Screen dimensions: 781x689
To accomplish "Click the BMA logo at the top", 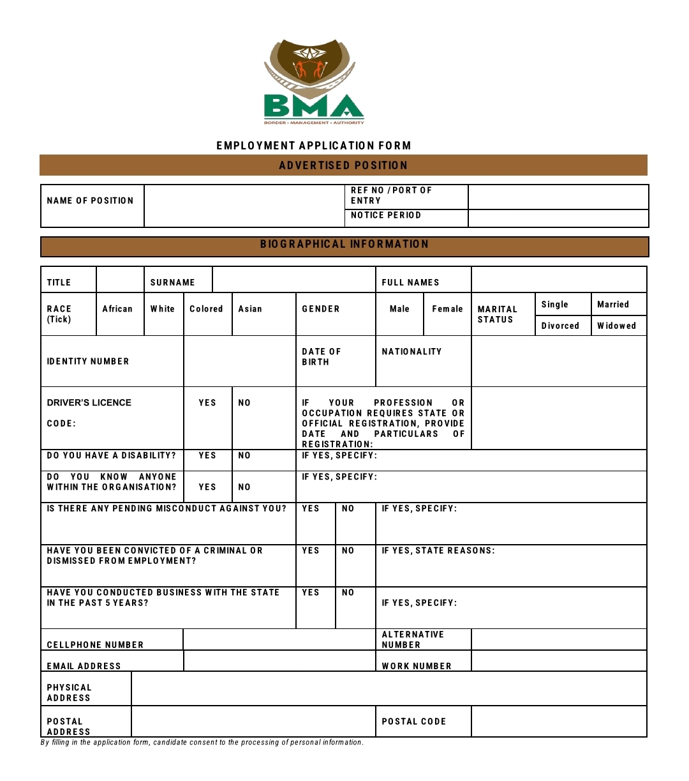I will click(x=313, y=82).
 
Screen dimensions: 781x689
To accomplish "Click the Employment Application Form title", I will click(x=313, y=146).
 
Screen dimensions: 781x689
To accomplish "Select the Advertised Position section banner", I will click(x=343, y=165).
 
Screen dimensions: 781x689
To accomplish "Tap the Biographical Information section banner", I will click(x=344, y=245).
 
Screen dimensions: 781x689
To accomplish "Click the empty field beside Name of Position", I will click(x=244, y=206).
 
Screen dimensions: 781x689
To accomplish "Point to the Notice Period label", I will click(x=386, y=215).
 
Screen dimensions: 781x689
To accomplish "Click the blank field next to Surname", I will click(x=293, y=280).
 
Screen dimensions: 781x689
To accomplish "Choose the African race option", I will click(x=118, y=309).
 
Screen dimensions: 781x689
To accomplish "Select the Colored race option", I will click(x=207, y=309).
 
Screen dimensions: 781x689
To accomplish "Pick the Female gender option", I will click(x=447, y=309).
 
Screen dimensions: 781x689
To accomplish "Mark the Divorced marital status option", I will click(x=560, y=326).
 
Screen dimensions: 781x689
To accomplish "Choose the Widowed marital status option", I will click(x=616, y=326).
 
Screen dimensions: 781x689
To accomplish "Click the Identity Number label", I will click(x=88, y=361).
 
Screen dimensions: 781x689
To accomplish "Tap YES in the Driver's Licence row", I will click(x=207, y=403).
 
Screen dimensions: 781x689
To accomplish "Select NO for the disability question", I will click(x=244, y=456).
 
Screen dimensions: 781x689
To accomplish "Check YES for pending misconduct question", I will click(x=311, y=509).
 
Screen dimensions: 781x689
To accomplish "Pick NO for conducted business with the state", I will click(x=348, y=593).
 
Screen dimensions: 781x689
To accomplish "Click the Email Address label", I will click(x=84, y=666).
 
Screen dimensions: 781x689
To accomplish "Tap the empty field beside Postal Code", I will click(x=559, y=722).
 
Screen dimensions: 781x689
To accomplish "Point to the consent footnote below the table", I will click(x=202, y=742).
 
